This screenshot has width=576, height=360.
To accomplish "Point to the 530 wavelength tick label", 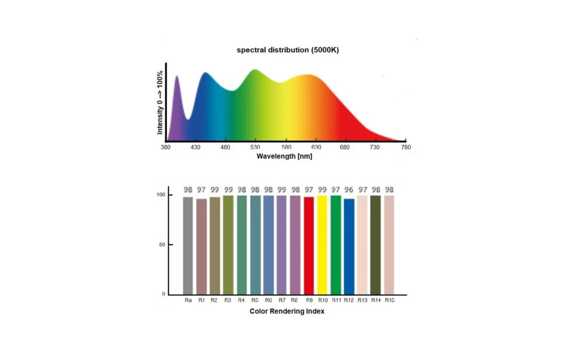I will click(x=256, y=147).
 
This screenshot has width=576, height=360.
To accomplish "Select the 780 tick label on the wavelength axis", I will click(x=405, y=147).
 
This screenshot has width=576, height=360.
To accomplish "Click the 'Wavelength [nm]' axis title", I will click(x=284, y=157).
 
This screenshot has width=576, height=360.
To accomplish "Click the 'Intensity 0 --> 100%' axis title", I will click(x=160, y=102).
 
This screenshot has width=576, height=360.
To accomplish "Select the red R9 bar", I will click(x=308, y=245).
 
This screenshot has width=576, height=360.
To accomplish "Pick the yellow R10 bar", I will click(x=322, y=245).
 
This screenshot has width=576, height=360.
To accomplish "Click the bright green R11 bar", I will click(x=335, y=245).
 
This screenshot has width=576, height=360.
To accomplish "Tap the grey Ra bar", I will click(x=188, y=245).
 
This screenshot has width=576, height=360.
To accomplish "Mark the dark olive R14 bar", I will click(x=375, y=245).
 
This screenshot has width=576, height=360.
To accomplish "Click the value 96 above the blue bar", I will click(x=349, y=190).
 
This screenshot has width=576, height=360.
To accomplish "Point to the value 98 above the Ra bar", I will click(x=188, y=190).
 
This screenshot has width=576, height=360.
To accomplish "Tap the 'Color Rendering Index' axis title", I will click(x=286, y=311).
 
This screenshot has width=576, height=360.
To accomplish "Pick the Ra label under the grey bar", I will click(x=188, y=301).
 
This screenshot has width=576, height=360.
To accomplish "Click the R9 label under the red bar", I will click(x=308, y=301).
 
